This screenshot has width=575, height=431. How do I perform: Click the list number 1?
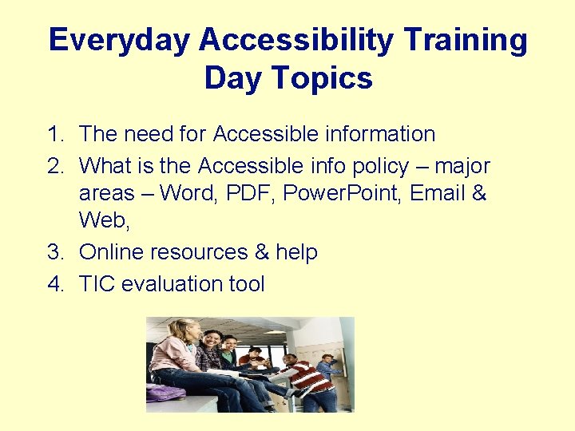(54, 134)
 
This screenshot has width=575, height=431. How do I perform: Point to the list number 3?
(54, 252)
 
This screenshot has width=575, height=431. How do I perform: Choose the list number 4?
(54, 283)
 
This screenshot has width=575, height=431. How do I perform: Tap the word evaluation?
(177, 283)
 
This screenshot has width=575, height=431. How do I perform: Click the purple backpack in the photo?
(165, 392)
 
